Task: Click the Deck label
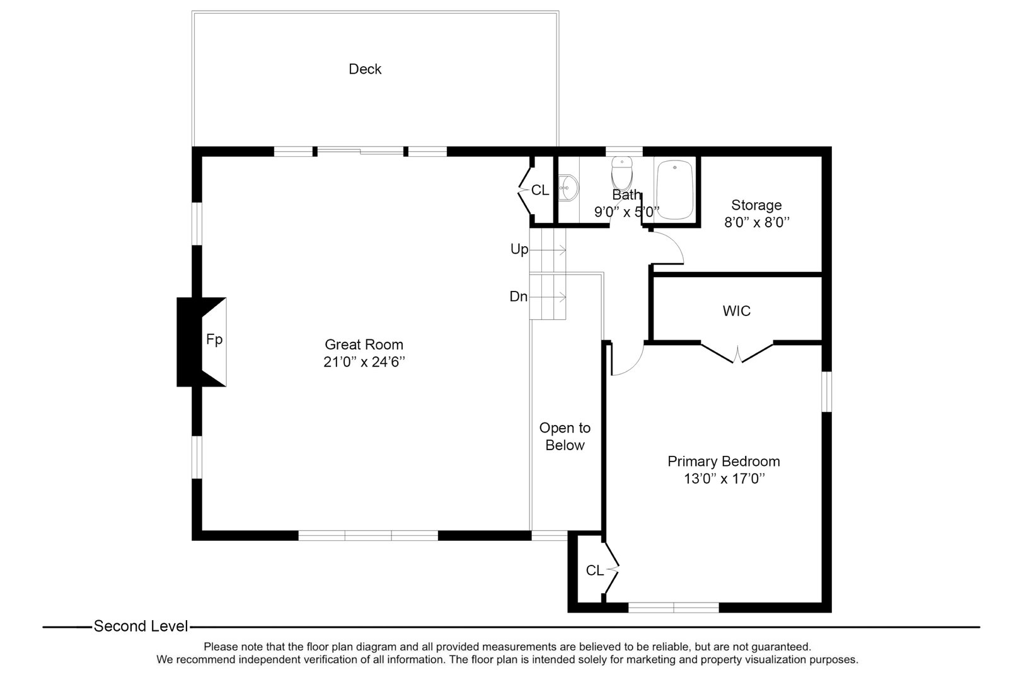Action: pyautogui.click(x=365, y=69)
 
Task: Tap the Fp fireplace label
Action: pyautogui.click(x=214, y=340)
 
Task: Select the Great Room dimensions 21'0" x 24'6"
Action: pyautogui.click(x=364, y=362)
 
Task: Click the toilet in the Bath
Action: pyautogui.click(x=621, y=171)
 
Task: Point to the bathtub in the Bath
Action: pyautogui.click(x=675, y=190)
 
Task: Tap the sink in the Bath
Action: pyautogui.click(x=568, y=187)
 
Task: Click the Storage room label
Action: pyautogui.click(x=756, y=205)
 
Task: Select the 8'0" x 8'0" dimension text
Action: pyautogui.click(x=756, y=222)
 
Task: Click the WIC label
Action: pyautogui.click(x=737, y=311)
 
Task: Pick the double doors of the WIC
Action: pyautogui.click(x=737, y=353)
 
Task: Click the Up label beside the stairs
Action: pyautogui.click(x=519, y=249)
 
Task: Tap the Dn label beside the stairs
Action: pyautogui.click(x=519, y=297)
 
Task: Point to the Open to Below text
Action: pyautogui.click(x=565, y=436)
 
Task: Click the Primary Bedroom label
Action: pyautogui.click(x=724, y=462)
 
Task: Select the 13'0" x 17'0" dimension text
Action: pyautogui.click(x=724, y=479)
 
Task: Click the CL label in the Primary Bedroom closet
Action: pyautogui.click(x=594, y=570)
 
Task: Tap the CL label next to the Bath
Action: pyautogui.click(x=540, y=190)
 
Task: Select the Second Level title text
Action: pyautogui.click(x=141, y=626)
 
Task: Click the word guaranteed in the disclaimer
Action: pyautogui.click(x=780, y=647)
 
